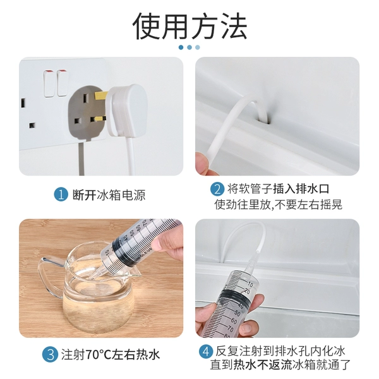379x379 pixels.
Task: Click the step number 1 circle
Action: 61,195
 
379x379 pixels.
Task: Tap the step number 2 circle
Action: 217,189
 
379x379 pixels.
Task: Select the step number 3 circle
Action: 51,354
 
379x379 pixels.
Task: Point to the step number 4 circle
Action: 206,352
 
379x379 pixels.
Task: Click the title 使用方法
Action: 189,26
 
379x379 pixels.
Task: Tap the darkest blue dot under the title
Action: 181,47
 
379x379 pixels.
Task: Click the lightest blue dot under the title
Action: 198,47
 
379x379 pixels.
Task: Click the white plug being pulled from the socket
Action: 126,110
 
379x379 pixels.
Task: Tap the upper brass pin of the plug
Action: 101,95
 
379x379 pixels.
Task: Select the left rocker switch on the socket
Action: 49,83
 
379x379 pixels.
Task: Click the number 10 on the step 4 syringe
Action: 250,284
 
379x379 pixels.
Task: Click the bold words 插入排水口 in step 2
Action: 301,189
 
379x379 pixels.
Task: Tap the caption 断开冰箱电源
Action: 109,195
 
